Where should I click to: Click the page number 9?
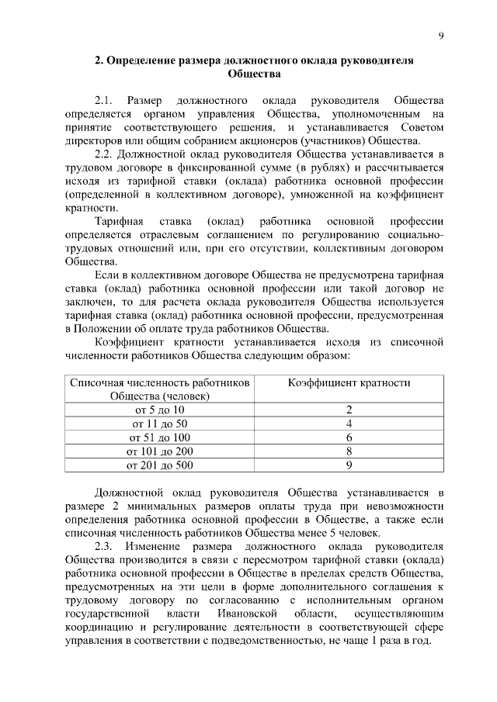[440, 34]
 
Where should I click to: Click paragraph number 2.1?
[104, 100]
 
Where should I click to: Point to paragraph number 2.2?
[104, 154]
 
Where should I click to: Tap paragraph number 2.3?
[104, 546]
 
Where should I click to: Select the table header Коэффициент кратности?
[349, 382]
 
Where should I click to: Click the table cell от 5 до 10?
[160, 410]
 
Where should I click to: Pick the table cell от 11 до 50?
[160, 424]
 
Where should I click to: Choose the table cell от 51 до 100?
[160, 437]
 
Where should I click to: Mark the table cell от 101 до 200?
[160, 451]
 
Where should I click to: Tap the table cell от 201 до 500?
[160, 465]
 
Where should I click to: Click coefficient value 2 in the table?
[349, 410]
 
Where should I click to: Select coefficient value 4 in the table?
[349, 424]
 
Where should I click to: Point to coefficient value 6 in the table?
[349, 437]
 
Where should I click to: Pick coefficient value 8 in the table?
[349, 451]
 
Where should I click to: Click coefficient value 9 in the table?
[349, 465]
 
